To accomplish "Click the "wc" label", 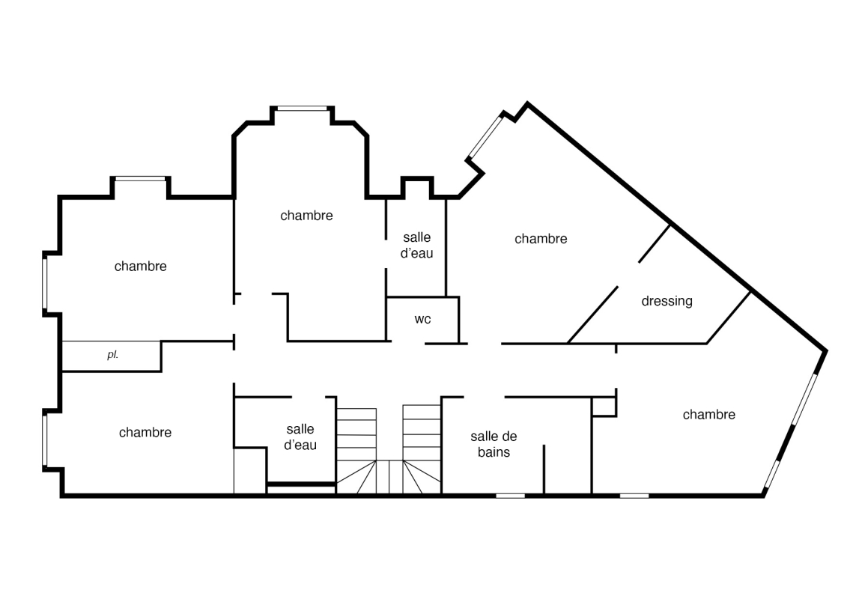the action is pyautogui.click(x=422, y=319).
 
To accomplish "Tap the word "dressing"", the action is pyautogui.click(x=667, y=301).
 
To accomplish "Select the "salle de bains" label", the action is pyautogui.click(x=494, y=444).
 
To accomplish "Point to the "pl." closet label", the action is pyautogui.click(x=112, y=355).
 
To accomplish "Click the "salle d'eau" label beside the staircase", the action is pyautogui.click(x=300, y=437).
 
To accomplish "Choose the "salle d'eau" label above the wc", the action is pyautogui.click(x=417, y=246).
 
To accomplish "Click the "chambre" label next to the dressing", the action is pyautogui.click(x=541, y=239).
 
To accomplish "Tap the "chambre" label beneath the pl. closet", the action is pyautogui.click(x=145, y=432).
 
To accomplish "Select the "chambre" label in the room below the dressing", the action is pyautogui.click(x=708, y=414).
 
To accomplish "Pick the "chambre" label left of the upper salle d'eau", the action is pyautogui.click(x=306, y=216).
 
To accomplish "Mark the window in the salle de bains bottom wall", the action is pyautogui.click(x=511, y=495).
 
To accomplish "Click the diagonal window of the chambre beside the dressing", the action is pyautogui.click(x=485, y=136).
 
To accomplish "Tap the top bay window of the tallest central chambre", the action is pyautogui.click(x=303, y=109).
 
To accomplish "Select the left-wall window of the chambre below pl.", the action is pyautogui.click(x=46, y=439).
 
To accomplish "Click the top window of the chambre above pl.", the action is pyautogui.click(x=141, y=179).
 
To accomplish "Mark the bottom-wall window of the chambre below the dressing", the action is pyautogui.click(x=634, y=495).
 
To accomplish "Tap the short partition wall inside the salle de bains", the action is pyautogui.click(x=544, y=469).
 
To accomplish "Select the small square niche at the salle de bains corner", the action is pyautogui.click(x=604, y=407).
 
